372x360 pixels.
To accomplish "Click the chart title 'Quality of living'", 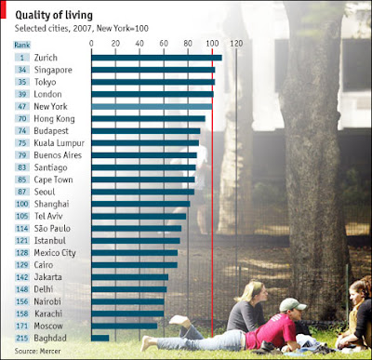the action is tap(54, 15).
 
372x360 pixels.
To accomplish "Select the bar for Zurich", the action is tap(156, 58).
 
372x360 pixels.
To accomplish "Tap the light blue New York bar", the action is tap(152, 106).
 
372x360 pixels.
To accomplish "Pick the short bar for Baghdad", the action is tap(100, 338).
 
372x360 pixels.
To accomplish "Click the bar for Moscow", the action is tap(125, 326).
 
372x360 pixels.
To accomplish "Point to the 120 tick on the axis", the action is tap(236, 44).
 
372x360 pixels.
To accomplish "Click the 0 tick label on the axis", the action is tap(91, 44).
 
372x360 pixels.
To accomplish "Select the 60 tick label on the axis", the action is tap(164, 44).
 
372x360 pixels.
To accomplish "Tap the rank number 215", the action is tap(22, 338).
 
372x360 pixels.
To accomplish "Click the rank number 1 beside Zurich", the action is tap(22, 58).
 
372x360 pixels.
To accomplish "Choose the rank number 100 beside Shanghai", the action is tap(22, 204).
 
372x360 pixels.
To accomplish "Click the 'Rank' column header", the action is tap(22, 45).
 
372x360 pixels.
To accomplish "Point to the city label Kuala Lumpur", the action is tap(60, 143).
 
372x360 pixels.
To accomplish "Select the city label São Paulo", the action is tap(52, 229).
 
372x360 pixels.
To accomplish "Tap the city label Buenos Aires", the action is tap(58, 155).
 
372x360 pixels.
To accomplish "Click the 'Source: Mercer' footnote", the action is tap(37, 351).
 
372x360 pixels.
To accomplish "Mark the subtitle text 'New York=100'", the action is tap(123, 29).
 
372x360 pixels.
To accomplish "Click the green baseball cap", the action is tap(293, 305).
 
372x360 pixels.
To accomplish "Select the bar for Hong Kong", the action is tap(148, 119).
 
